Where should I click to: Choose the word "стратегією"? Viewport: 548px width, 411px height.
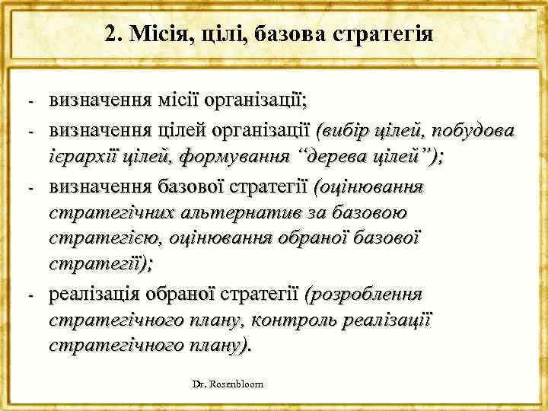[x=97, y=238]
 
